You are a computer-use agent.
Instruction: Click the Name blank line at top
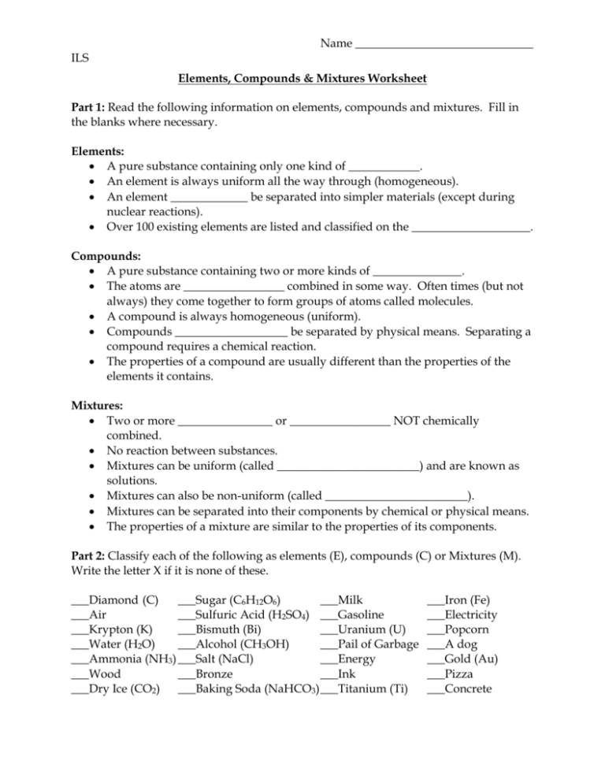click(x=444, y=46)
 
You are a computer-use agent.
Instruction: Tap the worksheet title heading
click(x=302, y=80)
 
